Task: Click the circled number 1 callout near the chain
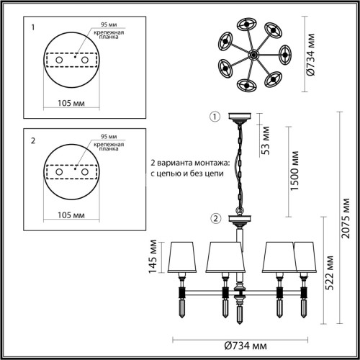point(212,117)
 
